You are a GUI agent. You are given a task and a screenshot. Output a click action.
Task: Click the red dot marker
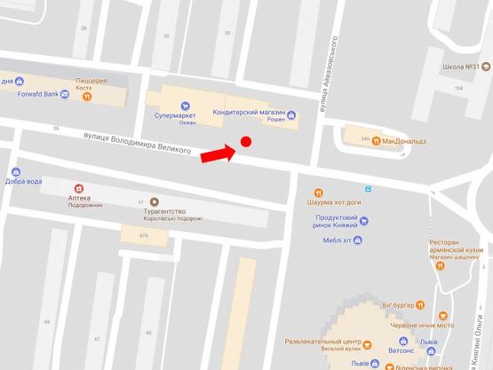[246, 142]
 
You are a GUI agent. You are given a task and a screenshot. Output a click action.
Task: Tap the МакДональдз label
[404, 141]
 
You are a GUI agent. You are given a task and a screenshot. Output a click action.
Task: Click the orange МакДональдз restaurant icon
[377, 140]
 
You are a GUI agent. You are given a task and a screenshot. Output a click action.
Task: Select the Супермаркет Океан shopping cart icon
[184, 104]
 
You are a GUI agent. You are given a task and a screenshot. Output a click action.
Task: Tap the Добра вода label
[23, 182]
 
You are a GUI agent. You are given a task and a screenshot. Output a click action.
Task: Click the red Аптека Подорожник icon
[79, 188]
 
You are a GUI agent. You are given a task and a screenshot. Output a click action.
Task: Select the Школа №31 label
[462, 67]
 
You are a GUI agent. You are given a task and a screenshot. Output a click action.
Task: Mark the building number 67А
[144, 235]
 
